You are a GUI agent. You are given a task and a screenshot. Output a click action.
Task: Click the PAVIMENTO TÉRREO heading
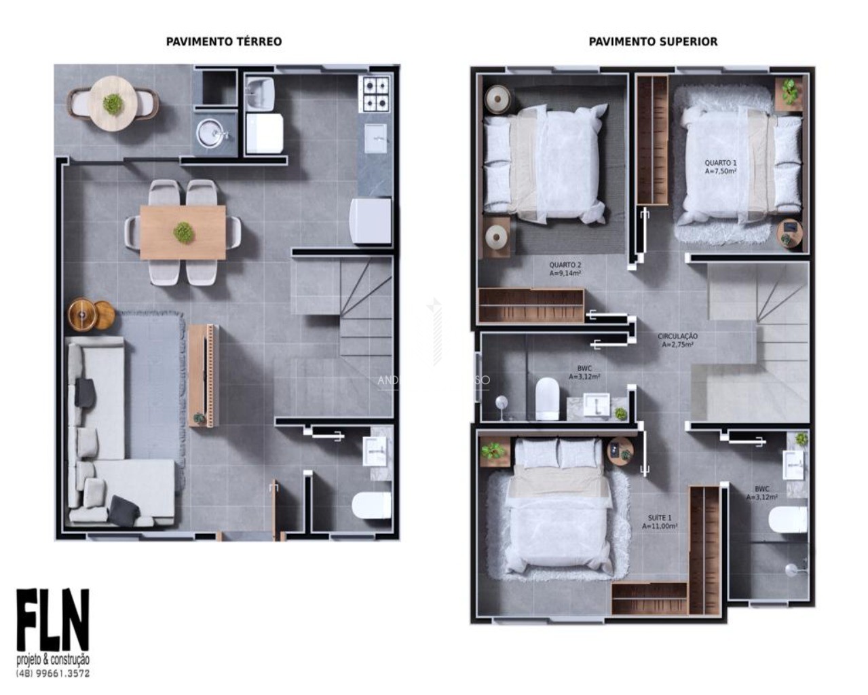coord(223,41)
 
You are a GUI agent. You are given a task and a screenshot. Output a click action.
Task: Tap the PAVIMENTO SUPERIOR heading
coord(652,41)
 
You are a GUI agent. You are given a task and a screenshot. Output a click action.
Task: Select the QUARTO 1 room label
coord(720,167)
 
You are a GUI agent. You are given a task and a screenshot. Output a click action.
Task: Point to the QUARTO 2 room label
coord(565,269)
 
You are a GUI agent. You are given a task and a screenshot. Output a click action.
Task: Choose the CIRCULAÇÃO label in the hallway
coord(677,340)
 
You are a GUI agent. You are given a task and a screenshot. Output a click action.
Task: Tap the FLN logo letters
coord(53,620)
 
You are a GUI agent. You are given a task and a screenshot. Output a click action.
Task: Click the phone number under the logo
coord(53,673)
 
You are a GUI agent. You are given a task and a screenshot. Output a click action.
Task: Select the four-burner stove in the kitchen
coord(375,94)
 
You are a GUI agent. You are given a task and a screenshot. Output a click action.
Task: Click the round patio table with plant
coord(113,103)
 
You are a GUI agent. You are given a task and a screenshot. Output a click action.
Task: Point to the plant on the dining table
coord(183,233)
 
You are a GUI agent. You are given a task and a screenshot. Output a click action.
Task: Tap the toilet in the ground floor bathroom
coord(371,505)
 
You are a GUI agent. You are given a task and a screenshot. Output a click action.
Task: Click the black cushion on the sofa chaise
coord(124,510)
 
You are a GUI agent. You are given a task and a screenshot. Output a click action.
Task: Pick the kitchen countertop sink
coord(375,138)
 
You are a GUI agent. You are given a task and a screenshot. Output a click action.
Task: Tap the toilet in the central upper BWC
coord(547,398)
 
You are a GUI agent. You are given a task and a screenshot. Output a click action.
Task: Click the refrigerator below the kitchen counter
coord(370,221)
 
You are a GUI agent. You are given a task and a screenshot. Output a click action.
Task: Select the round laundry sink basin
coord(212,132)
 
